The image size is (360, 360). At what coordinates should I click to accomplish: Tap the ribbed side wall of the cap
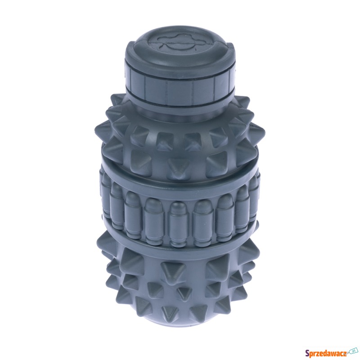pos(179,88)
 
